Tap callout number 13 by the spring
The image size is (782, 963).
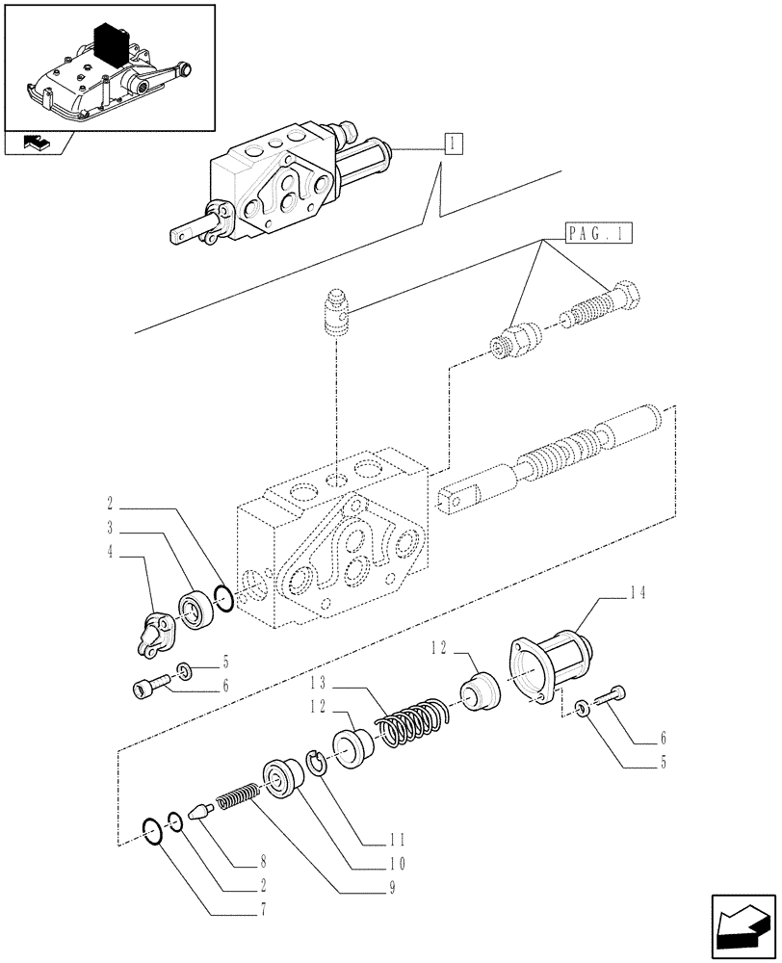click(322, 685)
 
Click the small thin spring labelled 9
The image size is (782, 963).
click(236, 798)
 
